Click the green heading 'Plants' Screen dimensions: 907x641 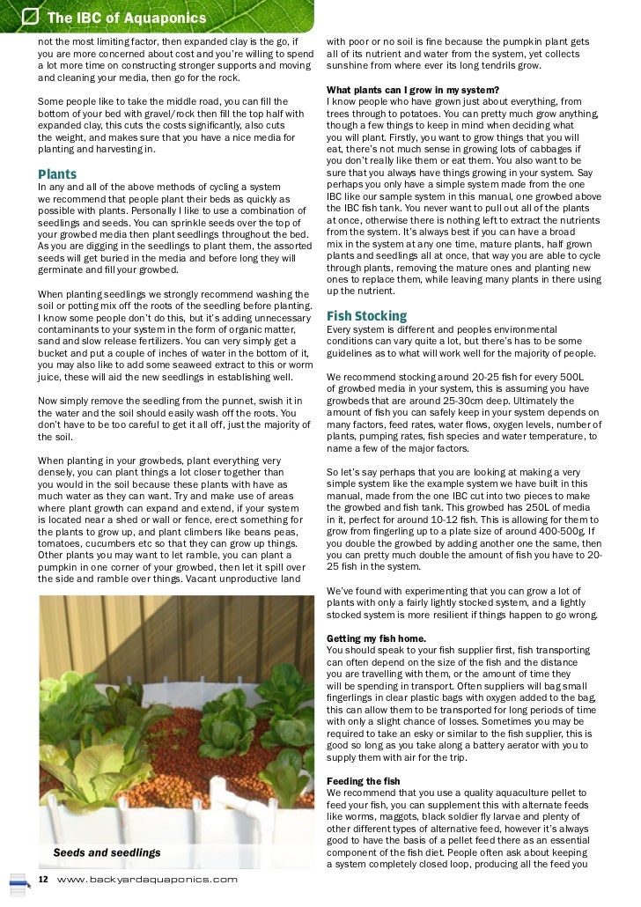tap(57, 174)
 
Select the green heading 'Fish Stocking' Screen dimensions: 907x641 tap(366, 315)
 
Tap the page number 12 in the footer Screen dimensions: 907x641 tap(42, 879)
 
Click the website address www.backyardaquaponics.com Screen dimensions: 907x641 tap(147, 879)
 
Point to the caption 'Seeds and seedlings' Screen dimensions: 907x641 tap(107, 852)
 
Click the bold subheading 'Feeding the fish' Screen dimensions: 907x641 tap(363, 781)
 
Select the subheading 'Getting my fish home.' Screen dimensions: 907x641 tap(376, 638)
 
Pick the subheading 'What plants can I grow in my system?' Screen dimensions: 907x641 tap(412, 90)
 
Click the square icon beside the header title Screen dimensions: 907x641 tap(30, 17)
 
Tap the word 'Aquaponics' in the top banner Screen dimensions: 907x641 tap(166, 18)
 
